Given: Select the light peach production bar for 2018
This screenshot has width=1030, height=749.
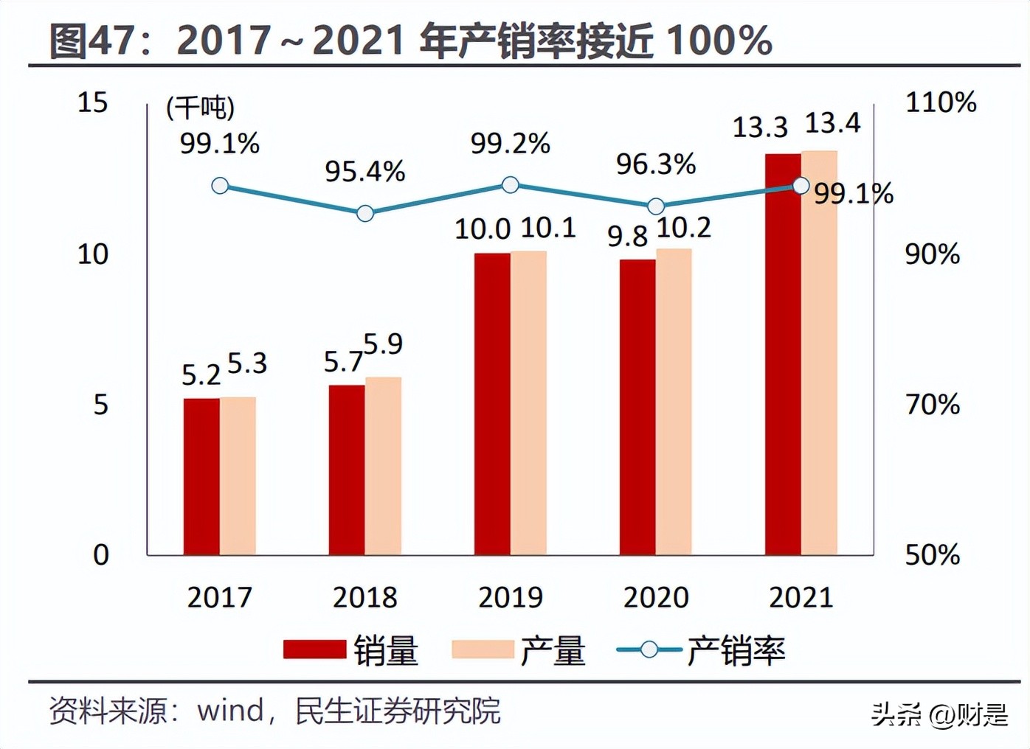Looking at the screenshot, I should coord(384,466).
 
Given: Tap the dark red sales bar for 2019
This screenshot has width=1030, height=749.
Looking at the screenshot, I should coord(492,404).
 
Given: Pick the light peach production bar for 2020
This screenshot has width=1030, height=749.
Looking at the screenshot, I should coord(674,402).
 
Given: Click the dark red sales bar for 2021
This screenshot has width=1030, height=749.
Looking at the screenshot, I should coord(783,354).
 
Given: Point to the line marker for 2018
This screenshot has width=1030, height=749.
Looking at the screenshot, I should coord(365,214).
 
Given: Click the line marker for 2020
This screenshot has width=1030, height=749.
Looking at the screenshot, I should coord(655,206).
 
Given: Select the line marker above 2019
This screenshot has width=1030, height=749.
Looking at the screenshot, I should coord(510,185).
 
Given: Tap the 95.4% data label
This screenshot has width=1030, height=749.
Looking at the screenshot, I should coord(365,172).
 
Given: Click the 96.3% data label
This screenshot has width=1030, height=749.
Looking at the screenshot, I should coord(656,164).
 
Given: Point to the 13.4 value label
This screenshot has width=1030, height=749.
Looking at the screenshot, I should coord(832,123).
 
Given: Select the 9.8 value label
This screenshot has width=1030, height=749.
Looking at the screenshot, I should coord(627,237).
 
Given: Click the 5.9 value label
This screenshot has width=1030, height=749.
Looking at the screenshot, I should coord(383,344).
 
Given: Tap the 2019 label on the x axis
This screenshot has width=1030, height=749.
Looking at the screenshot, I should coord(510,597).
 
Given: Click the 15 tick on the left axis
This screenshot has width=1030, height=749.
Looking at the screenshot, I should coord(93,102).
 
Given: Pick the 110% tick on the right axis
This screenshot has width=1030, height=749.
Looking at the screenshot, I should coord(941,102).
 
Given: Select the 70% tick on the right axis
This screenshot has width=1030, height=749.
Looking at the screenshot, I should coord(933,404).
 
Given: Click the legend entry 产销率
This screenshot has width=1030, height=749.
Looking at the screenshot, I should coord(735,650).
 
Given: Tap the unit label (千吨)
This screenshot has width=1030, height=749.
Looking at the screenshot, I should coord(200,108).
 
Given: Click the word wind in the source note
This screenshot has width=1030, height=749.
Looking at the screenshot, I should coord(230,711).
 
